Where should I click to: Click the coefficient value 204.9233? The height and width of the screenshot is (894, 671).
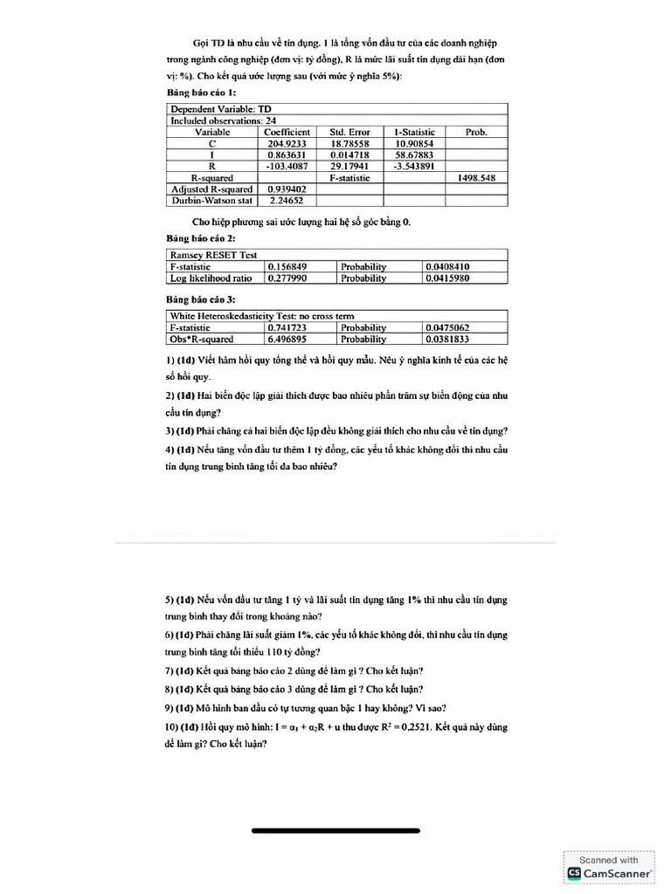287,143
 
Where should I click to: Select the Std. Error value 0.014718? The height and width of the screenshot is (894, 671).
349,155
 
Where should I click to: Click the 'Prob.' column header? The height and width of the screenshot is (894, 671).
476,132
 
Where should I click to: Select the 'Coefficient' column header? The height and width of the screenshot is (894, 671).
287,132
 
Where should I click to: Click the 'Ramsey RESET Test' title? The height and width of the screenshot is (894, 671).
213,255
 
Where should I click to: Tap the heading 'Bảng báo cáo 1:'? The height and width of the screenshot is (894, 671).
201,92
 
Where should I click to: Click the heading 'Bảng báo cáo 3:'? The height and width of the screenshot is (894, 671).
201,299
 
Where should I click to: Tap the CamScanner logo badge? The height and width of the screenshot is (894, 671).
610,866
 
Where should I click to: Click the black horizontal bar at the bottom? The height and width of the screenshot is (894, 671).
335,830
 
